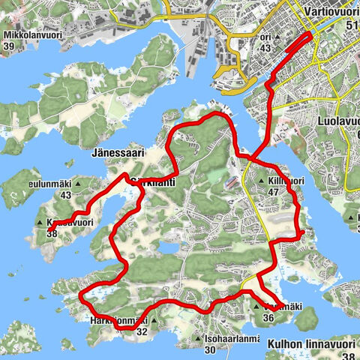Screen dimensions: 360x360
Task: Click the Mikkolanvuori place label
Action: pyautogui.click(x=31, y=34)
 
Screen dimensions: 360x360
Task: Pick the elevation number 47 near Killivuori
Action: pyautogui.click(x=271, y=192)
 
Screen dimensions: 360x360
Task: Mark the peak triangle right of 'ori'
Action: pyautogui.click(x=279, y=36)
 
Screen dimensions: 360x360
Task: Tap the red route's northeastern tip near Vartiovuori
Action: pyautogui.click(x=310, y=35)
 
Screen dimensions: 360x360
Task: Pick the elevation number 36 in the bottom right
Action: pyautogui.click(x=268, y=317)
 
